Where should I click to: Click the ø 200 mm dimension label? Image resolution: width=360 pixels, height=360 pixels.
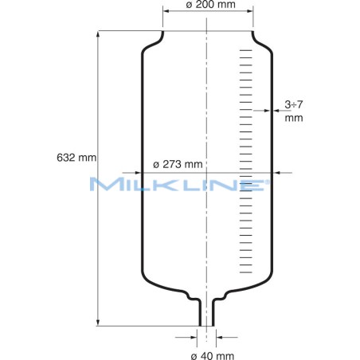(209, 6)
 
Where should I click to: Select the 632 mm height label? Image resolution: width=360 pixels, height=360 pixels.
(76, 157)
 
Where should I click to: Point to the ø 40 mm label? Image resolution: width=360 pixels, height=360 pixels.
(208, 354)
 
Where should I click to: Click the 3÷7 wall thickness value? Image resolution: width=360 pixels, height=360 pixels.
(295, 104)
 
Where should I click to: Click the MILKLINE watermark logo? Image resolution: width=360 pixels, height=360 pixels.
(180, 185)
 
